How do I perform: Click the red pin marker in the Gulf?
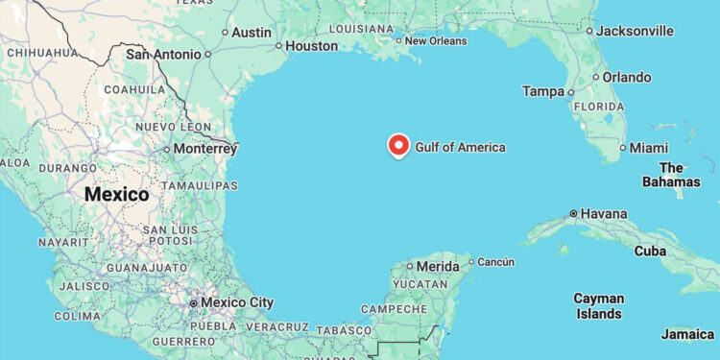tap(398, 145)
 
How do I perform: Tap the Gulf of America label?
tap(460, 147)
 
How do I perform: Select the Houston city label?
tap(311, 45)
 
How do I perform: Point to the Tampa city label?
tap(542, 91)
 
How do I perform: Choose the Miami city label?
tap(648, 148)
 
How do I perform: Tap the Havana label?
tap(604, 213)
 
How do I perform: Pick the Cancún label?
tap(495, 262)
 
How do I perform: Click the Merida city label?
tap(439, 266)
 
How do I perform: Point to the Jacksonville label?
tap(635, 31)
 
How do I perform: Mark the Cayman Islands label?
tap(598, 306)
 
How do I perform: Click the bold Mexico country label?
tap(117, 195)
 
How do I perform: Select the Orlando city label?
tap(627, 77)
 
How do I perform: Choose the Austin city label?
tap(252, 32)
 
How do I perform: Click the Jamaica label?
tap(687, 334)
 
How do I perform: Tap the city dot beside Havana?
tap(574, 213)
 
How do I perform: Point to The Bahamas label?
tap(672, 175)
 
